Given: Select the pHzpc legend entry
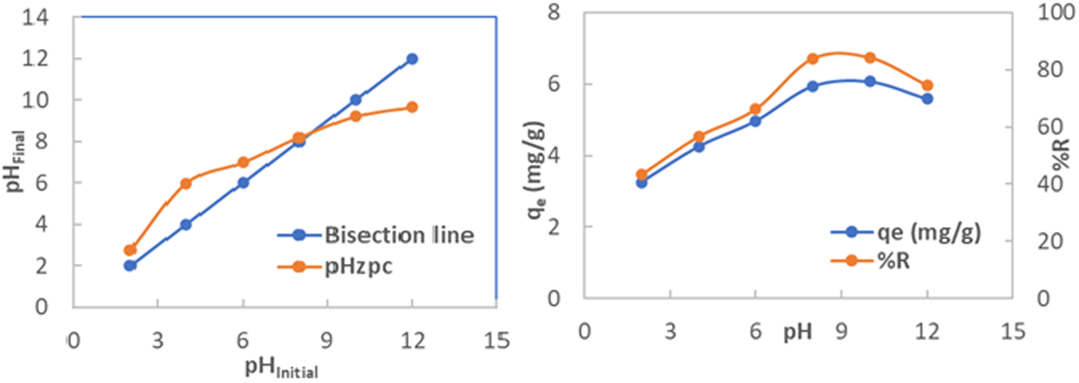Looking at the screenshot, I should click(358, 266).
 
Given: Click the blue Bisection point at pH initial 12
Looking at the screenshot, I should click(412, 59).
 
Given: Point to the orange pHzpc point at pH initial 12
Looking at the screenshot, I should click(412, 107).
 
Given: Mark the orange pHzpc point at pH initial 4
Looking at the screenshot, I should click(186, 184).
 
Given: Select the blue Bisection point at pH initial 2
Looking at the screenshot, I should click(130, 265).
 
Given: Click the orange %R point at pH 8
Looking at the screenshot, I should click(812, 59).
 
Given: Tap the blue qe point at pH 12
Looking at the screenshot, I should click(927, 99).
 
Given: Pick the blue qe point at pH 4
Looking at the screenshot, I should click(699, 147).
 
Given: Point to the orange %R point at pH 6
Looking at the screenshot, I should click(755, 109).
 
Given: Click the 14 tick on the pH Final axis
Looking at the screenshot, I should click(35, 18).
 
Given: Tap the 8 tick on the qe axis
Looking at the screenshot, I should click(554, 13).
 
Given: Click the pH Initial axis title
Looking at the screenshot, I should click(282, 368).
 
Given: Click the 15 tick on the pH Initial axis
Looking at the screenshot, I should click(497, 340).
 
